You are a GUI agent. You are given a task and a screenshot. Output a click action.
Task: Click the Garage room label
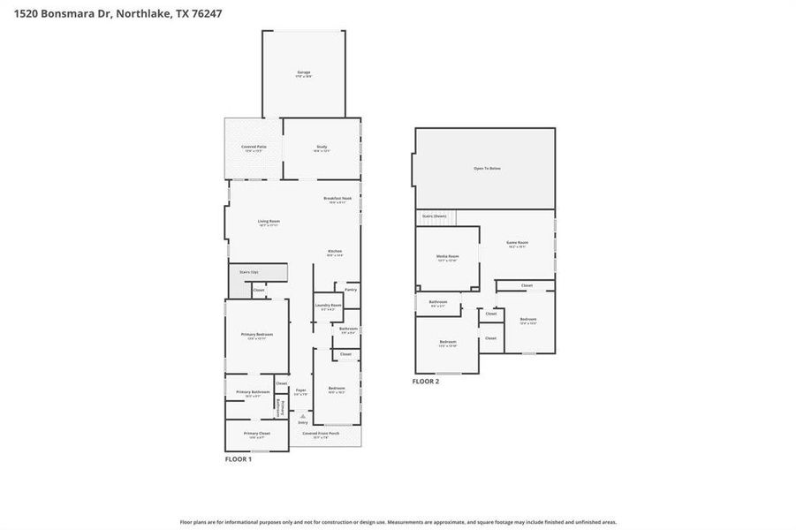point(303,73)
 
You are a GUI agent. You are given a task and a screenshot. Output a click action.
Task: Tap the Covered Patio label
point(254,148)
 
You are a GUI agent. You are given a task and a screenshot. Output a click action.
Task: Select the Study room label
point(322,148)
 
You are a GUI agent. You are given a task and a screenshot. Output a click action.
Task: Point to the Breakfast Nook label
point(337,200)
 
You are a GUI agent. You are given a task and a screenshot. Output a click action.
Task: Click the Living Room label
point(269,222)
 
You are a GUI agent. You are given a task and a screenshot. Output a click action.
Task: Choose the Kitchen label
point(335,252)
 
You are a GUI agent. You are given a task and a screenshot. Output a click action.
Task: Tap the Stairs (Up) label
point(249,272)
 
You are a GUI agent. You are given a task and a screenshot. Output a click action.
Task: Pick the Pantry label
point(351,289)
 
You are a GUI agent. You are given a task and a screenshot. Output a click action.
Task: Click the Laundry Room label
point(328,307)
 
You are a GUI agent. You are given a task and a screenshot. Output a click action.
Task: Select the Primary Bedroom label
point(257,335)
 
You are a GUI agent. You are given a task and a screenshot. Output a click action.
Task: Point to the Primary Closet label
point(257,434)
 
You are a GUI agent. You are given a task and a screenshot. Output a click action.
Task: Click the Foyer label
point(301,390)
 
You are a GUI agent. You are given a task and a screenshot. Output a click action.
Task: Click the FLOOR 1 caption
point(239,459)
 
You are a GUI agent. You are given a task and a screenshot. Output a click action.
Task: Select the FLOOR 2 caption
point(426,382)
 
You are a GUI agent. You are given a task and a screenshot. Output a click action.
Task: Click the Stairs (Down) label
point(434,216)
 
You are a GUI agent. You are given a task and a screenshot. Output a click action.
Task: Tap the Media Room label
point(447,257)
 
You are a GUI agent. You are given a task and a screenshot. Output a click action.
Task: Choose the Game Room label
point(517,243)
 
